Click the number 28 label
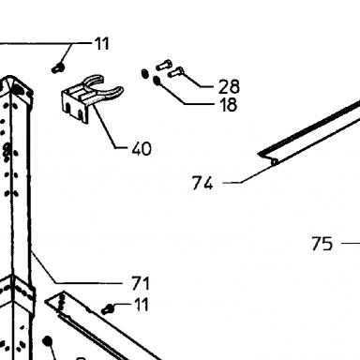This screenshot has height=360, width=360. (x=229, y=86)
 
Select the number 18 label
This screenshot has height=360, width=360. (x=229, y=105)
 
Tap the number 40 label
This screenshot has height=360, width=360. (x=142, y=149)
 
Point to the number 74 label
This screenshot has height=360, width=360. (x=202, y=183)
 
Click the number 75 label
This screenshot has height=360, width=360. (x=322, y=244)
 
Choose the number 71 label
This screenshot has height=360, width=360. (x=141, y=283)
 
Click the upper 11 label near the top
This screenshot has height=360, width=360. (x=102, y=43)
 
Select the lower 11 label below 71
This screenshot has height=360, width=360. (x=142, y=304)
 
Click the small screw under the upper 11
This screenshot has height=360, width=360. (x=58, y=67)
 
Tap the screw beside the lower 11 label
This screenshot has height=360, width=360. (x=108, y=309)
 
